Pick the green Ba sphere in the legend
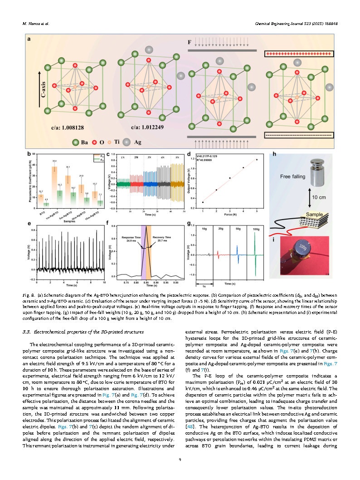[76, 142]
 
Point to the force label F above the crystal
[190, 42]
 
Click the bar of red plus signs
[299, 54]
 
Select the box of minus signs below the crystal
[299, 135]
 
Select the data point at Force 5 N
[257, 159]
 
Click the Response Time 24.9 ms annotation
[131, 239]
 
